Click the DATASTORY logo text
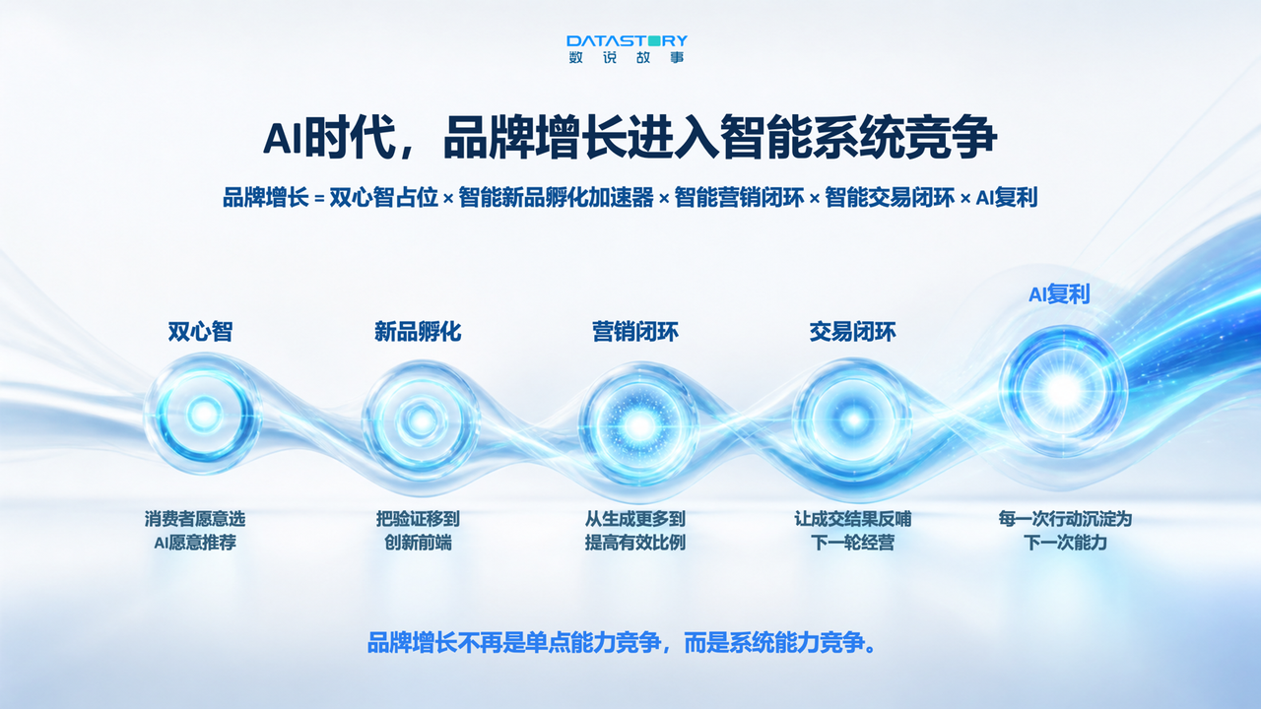[627, 41]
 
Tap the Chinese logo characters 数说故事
[627, 57]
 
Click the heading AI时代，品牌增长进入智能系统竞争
[630, 137]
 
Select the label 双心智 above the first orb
[200, 332]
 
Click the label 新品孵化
[418, 332]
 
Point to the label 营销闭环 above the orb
[635, 332]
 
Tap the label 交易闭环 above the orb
[852, 332]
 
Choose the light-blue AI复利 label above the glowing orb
[1059, 294]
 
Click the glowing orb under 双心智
[203, 415]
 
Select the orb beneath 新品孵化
[421, 420]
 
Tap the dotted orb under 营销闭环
[639, 425]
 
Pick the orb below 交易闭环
[853, 419]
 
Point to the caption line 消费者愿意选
[195, 519]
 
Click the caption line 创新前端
[418, 543]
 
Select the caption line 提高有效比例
[635, 543]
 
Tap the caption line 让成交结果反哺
[852, 519]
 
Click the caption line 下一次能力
[1065, 543]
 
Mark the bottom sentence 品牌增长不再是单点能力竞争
[514, 643]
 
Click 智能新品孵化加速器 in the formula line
[557, 198]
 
